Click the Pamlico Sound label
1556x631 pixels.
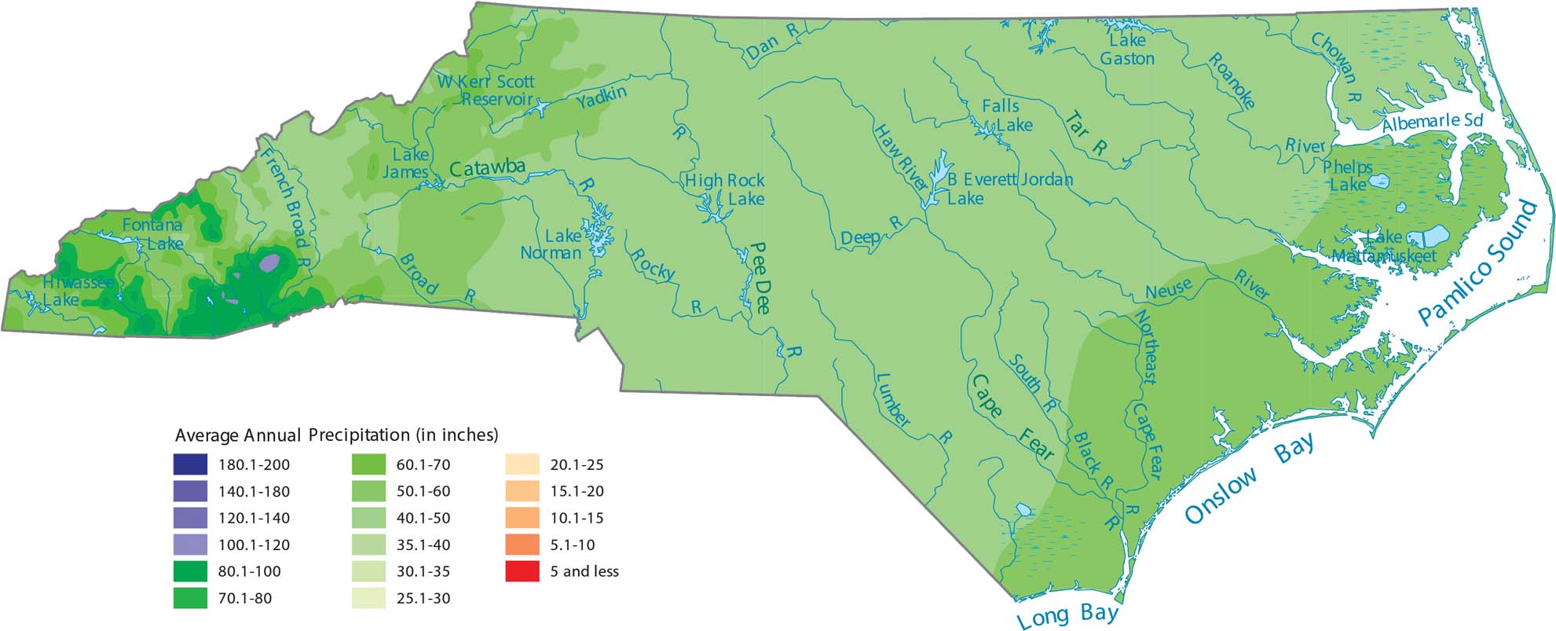point(1477,263)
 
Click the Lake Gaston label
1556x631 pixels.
point(1127,49)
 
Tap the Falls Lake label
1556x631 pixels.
point(1006,116)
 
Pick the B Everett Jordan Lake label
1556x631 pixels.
point(1009,189)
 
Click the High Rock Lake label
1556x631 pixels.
point(725,189)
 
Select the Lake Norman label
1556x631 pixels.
point(553,244)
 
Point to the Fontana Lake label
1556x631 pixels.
point(152,233)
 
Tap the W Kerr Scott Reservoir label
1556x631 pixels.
point(488,90)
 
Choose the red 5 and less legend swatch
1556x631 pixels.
point(522,571)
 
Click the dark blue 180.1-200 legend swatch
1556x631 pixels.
point(190,464)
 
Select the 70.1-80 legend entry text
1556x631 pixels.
point(245,598)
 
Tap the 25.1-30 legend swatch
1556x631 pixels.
point(368,598)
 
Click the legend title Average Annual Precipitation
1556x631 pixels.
point(336,435)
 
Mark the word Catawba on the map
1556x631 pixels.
point(487,168)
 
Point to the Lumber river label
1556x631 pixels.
point(892,401)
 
